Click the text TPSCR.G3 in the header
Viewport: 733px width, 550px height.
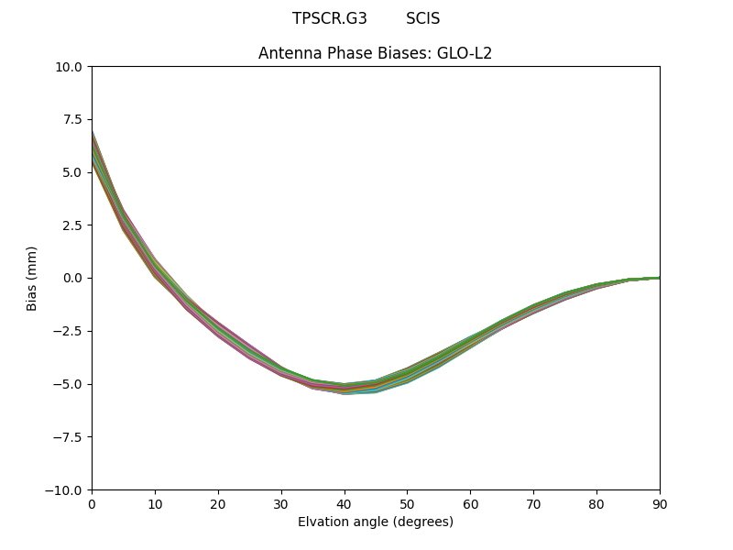pyautogui.click(x=329, y=18)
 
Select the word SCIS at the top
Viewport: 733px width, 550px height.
pyautogui.click(x=422, y=18)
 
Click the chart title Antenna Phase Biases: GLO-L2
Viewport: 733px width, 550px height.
pyautogui.click(x=375, y=53)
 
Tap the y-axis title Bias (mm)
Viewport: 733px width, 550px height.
pyautogui.click(x=32, y=278)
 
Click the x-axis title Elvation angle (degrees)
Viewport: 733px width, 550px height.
pyautogui.click(x=375, y=522)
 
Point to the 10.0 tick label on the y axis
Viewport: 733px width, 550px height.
pyautogui.click(x=69, y=67)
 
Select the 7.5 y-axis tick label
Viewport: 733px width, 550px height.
pyautogui.click(x=72, y=119)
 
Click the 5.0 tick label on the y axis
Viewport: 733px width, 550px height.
pyautogui.click(x=72, y=172)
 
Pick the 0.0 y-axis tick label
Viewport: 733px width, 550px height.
pyautogui.click(x=72, y=278)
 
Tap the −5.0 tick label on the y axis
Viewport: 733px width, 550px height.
pyautogui.click(x=69, y=384)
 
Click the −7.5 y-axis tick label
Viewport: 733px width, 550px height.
pyautogui.click(x=69, y=437)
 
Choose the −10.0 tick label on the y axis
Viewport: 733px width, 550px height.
pyautogui.click(x=65, y=490)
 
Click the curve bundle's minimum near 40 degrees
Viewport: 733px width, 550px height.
pyautogui.click(x=345, y=389)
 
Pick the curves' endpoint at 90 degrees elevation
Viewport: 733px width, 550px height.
pyautogui.click(x=659, y=278)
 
